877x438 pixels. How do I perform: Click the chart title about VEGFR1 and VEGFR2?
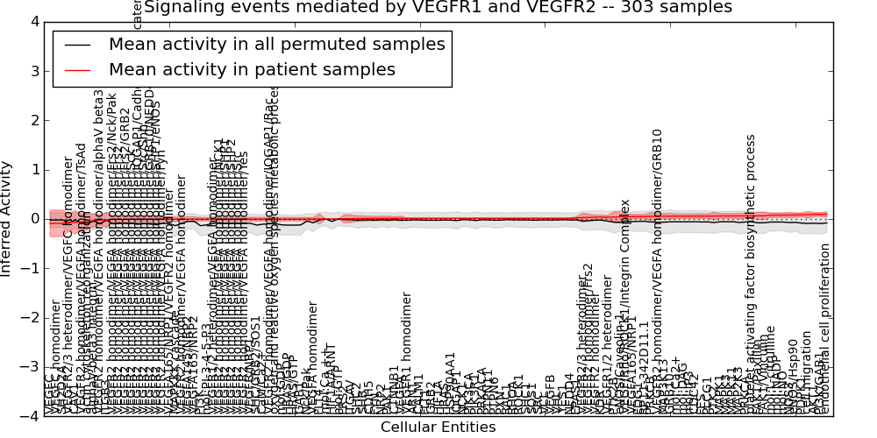click(438, 8)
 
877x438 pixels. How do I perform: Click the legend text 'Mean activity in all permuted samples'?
click(277, 44)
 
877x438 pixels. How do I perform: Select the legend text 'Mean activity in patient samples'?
click(253, 69)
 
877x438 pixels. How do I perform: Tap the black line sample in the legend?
click(76, 44)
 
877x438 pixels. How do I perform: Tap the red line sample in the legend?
click(76, 69)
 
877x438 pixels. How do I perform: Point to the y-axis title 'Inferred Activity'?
click(8, 218)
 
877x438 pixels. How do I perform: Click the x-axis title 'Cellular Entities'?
click(438, 427)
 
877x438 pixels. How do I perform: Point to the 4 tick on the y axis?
click(33, 21)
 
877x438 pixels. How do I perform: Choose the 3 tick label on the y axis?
click(33, 70)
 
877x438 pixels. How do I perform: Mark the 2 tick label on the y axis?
click(33, 120)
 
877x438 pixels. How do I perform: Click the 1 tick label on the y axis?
click(33, 169)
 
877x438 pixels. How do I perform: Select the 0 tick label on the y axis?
click(33, 219)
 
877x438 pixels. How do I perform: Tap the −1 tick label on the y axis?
click(30, 268)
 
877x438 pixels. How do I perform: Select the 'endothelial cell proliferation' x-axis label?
click(824, 328)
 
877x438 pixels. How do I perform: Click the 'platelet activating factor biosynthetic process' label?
click(751, 272)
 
